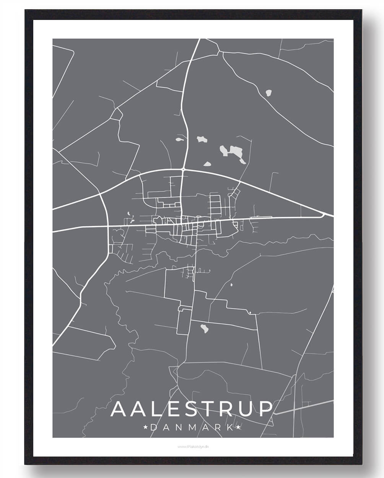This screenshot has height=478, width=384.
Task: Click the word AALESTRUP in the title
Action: [x=192, y=409]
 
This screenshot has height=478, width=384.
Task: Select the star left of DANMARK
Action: [x=146, y=427]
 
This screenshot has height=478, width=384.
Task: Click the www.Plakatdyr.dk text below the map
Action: [x=192, y=447]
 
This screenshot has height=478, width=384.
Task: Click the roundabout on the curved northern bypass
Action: [x=184, y=169]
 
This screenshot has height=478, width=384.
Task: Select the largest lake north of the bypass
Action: [x=233, y=153]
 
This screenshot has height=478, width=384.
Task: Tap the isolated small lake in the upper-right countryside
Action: [x=268, y=92]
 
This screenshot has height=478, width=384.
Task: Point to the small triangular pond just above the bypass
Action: [x=207, y=164]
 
